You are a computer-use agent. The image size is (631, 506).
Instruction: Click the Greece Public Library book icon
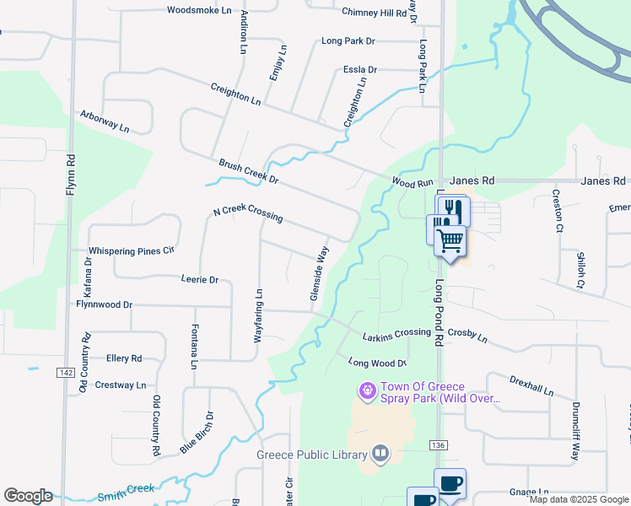point(380,455)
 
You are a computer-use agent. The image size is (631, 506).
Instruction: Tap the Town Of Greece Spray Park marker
point(367,391)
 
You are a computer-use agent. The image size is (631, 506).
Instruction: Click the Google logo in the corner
point(28,496)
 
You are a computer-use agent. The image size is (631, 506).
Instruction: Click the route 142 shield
point(67,372)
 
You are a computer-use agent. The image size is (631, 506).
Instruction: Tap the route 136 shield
point(437,445)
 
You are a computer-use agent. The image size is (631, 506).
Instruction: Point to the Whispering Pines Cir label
point(132,250)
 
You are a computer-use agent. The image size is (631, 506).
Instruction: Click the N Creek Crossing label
point(247,215)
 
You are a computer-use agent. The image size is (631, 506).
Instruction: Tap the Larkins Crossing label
point(396,335)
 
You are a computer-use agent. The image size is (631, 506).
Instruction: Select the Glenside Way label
point(318,273)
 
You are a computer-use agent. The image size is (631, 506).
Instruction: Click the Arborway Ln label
point(105,121)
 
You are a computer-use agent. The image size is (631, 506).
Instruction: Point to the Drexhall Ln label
point(531,386)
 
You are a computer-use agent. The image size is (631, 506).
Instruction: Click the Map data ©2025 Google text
point(579,499)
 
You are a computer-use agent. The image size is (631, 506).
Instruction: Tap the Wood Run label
point(413,182)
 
